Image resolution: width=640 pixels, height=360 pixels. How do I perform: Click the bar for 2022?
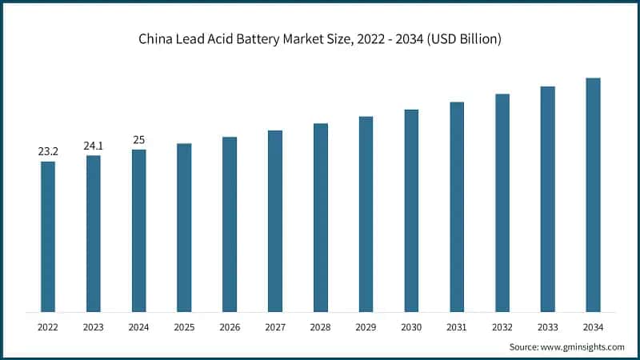click(x=48, y=237)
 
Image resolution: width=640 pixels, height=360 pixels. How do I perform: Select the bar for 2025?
click(x=184, y=228)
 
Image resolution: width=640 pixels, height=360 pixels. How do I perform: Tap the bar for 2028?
click(x=321, y=218)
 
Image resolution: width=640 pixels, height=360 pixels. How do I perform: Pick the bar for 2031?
click(x=457, y=207)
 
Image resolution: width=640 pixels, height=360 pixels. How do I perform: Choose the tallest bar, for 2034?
click(x=593, y=195)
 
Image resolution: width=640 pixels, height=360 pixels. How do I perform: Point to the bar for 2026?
click(x=230, y=225)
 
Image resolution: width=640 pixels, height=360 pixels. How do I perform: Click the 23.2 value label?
click(x=48, y=151)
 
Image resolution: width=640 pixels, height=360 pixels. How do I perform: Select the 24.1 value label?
click(x=94, y=146)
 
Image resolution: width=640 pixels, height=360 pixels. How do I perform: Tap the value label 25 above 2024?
click(x=138, y=140)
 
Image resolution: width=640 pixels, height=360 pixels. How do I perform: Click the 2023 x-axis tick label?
click(x=94, y=327)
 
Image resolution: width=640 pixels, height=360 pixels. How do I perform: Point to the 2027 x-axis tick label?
click(x=275, y=327)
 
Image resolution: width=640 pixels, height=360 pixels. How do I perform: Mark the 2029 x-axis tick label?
click(x=366, y=327)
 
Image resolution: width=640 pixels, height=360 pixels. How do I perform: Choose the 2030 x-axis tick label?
click(x=411, y=327)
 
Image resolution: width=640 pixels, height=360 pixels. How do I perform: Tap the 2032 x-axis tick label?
click(x=502, y=327)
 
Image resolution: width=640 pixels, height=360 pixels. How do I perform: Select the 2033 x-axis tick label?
click(x=547, y=327)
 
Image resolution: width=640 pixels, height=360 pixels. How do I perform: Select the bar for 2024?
click(x=139, y=230)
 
